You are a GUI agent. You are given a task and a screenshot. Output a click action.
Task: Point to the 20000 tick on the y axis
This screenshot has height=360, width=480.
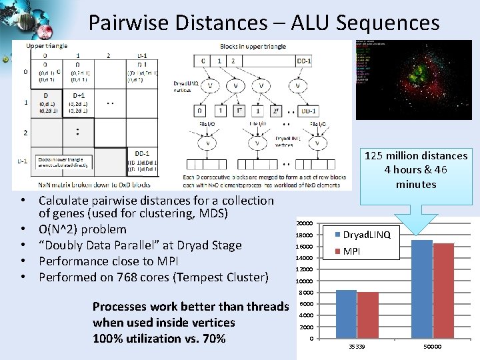(x=305, y=223)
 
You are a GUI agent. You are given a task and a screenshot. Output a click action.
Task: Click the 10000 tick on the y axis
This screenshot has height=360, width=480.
(x=305, y=281)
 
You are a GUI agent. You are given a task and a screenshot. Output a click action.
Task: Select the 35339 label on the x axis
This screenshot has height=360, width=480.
(x=357, y=347)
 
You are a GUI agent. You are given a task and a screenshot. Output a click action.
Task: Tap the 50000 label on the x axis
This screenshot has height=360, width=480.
(x=433, y=347)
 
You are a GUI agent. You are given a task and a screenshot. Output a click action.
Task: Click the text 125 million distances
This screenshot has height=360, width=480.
(x=416, y=155)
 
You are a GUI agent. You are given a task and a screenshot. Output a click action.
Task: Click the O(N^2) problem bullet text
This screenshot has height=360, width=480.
(x=82, y=229)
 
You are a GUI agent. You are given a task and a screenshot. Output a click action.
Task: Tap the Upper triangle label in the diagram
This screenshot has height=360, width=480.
(x=47, y=46)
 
